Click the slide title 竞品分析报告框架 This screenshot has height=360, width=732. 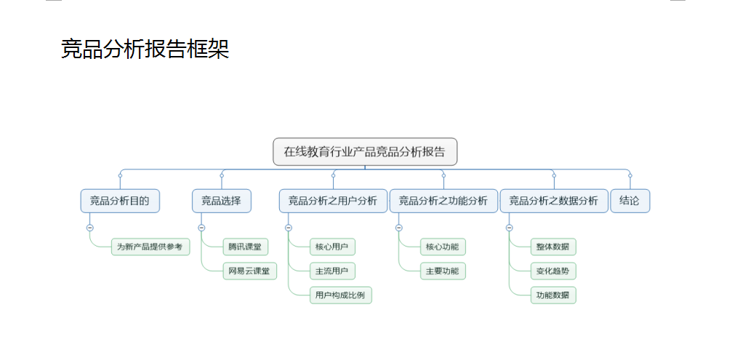pyautogui.click(x=145, y=49)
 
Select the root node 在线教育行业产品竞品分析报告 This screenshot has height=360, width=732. pyautogui.click(x=365, y=152)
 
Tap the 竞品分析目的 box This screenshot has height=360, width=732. pyautogui.click(x=120, y=201)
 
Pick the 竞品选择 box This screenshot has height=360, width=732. pyautogui.click(x=221, y=201)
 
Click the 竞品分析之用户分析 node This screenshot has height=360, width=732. pyautogui.click(x=333, y=201)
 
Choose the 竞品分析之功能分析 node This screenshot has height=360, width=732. pyautogui.click(x=443, y=201)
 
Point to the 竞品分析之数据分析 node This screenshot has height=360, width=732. pyautogui.click(x=554, y=201)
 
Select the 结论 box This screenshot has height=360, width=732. pyautogui.click(x=630, y=201)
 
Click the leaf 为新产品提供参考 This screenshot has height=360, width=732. pyautogui.click(x=150, y=247)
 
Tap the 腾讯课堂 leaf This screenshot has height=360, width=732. pyautogui.click(x=246, y=247)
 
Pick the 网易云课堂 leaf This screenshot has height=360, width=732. pyautogui.click(x=250, y=271)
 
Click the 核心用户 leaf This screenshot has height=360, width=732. pyautogui.click(x=332, y=247)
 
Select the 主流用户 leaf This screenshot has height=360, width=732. pyautogui.click(x=332, y=271)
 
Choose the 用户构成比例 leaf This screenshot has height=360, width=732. pyautogui.click(x=341, y=295)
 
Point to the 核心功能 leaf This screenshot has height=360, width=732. pyautogui.click(x=443, y=247)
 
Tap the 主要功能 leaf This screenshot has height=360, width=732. pyautogui.click(x=443, y=271)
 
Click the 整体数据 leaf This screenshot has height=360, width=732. pyautogui.click(x=553, y=247)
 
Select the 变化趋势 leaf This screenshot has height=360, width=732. pyautogui.click(x=553, y=271)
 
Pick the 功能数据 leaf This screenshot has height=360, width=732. pyautogui.click(x=553, y=295)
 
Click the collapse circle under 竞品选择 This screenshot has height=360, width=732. pyautogui.click(x=201, y=228)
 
